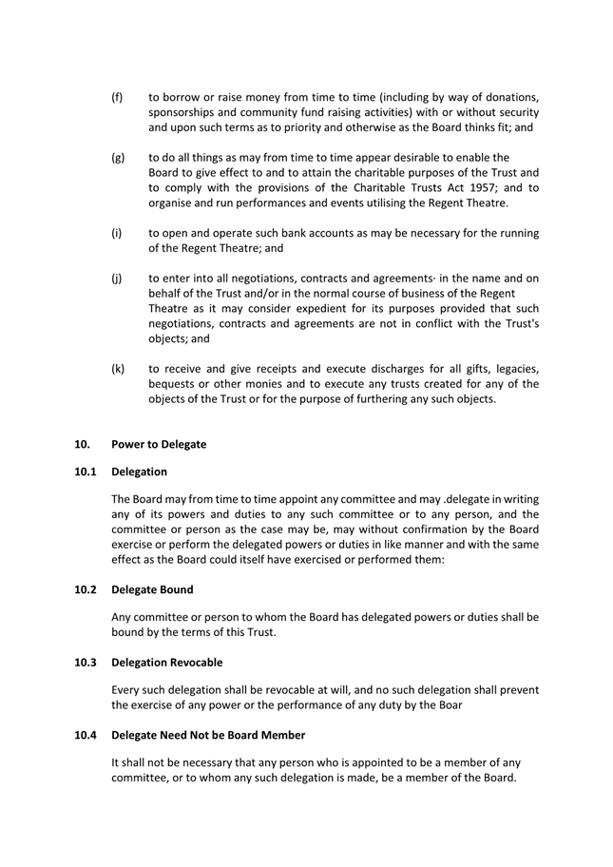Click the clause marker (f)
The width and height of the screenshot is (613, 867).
click(x=117, y=97)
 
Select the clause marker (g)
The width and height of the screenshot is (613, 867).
click(x=118, y=158)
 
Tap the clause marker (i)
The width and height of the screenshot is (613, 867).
click(x=116, y=233)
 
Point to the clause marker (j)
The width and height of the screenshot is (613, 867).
click(x=116, y=279)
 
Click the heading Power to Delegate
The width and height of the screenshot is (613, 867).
click(x=159, y=444)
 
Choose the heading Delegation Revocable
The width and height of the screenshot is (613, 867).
click(x=167, y=663)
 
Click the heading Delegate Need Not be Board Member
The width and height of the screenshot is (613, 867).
click(x=209, y=735)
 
